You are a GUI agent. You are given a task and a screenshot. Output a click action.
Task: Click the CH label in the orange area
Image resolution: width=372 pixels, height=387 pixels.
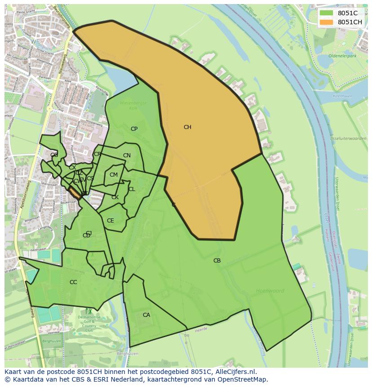(187, 127)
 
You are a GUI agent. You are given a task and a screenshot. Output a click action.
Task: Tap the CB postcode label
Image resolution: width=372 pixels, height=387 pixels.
(217, 261)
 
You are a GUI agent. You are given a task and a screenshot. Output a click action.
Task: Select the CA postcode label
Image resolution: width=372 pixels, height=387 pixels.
(146, 315)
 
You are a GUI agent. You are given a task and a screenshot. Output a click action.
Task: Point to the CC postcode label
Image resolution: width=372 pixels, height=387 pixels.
(73, 282)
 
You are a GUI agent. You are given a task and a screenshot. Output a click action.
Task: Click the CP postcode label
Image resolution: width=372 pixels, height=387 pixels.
(134, 129)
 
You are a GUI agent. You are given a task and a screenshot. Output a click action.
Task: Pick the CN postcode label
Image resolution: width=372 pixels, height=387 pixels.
(127, 156)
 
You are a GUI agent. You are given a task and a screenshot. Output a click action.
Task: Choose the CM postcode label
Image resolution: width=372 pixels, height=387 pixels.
(114, 175)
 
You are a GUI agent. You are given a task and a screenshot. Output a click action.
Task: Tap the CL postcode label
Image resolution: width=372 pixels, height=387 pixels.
(132, 189)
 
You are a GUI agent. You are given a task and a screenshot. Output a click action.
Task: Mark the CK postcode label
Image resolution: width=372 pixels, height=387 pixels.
(115, 197)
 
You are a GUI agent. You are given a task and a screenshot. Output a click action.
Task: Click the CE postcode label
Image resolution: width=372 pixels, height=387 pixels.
(111, 221)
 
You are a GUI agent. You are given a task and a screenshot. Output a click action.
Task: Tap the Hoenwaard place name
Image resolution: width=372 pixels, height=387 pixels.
(270, 291)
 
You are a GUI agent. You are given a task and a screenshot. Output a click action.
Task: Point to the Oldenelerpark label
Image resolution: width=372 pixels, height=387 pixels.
(342, 56)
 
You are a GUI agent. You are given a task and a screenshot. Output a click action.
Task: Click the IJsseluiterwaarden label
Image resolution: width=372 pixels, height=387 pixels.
(347, 139)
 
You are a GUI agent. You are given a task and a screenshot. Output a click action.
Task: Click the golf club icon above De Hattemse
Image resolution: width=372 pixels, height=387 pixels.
(89, 311)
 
